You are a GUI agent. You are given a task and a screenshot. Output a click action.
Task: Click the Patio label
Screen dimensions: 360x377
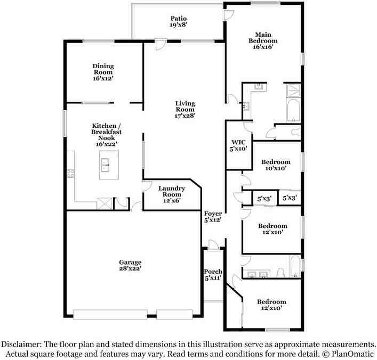tap(178, 21)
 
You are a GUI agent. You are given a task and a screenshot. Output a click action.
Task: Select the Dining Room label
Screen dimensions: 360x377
tap(103, 72)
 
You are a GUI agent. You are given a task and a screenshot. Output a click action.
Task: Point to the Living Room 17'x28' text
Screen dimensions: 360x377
tap(185, 109)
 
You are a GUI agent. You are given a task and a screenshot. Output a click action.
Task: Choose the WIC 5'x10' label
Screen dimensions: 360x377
tap(237, 146)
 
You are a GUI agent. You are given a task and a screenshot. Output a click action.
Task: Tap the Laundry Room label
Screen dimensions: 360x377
tap(172, 195)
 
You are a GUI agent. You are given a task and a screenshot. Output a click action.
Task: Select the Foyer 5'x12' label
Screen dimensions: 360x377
tap(212, 217)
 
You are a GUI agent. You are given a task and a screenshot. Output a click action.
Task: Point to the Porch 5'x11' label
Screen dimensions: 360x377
tap(213, 275)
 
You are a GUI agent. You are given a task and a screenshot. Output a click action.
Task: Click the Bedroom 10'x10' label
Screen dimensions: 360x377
tap(275, 165)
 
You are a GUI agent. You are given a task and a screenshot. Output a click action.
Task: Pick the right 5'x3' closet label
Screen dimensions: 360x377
tap(289, 199)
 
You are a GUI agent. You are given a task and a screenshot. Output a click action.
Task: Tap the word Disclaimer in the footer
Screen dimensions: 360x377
tap(23, 344)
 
